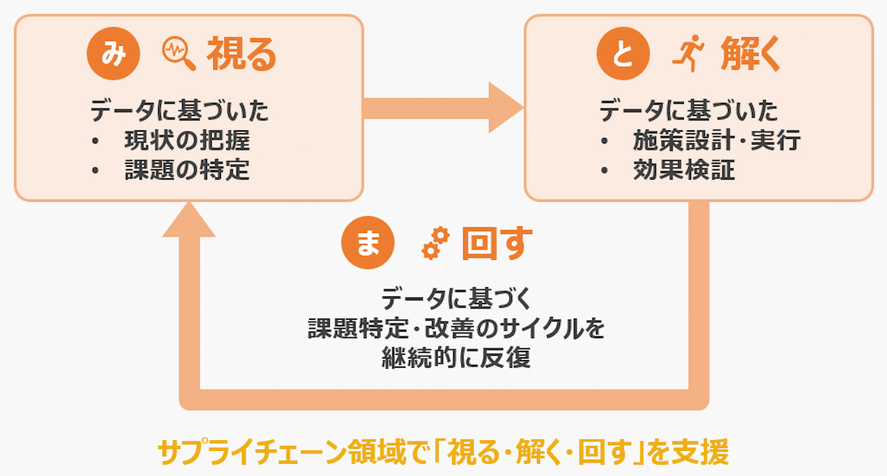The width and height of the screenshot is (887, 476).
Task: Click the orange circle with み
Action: pyautogui.click(x=113, y=54)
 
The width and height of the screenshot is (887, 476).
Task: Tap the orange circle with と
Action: pyautogui.click(x=623, y=54)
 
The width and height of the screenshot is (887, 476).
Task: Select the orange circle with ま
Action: pyautogui.click(x=368, y=243)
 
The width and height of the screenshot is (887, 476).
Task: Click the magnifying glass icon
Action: pyautogui.click(x=179, y=54)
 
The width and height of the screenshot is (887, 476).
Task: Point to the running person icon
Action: pyautogui.click(x=688, y=54)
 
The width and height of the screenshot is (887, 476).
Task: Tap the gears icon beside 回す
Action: pyautogui.click(x=436, y=243)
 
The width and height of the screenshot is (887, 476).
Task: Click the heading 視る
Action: pyautogui.click(x=242, y=54)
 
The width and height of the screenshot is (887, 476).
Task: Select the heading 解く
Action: pyautogui.click(x=750, y=54)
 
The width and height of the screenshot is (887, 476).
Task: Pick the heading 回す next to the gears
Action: pyautogui.click(x=497, y=243)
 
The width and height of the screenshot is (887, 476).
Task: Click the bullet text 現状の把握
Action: pyautogui.click(x=187, y=140)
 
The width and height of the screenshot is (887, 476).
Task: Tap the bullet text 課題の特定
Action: pyautogui.click(x=187, y=170)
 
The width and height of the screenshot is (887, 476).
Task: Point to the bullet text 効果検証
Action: pyautogui.click(x=685, y=170)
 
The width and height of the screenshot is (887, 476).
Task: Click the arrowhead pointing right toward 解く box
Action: pyautogui.click(x=506, y=107)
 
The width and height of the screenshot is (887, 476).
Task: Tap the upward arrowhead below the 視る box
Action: pyautogui.click(x=189, y=219)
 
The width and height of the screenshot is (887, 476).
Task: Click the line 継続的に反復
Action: pyautogui.click(x=456, y=357)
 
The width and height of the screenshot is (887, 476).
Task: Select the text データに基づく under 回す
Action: pyautogui.click(x=456, y=298)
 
